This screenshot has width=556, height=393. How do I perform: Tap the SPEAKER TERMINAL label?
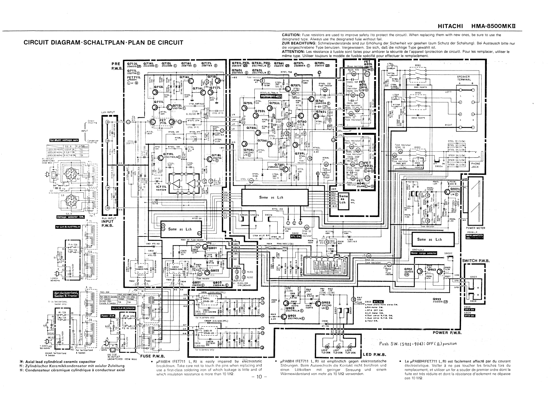[x=464, y=78]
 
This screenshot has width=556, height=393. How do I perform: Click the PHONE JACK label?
[x=475, y=165]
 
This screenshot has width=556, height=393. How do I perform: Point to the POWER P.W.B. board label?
[x=447, y=333]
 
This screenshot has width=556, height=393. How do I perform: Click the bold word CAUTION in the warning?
[x=293, y=35]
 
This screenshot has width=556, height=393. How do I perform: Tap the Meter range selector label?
[x=424, y=253]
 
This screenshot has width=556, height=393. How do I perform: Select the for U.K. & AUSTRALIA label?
[x=68, y=227]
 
